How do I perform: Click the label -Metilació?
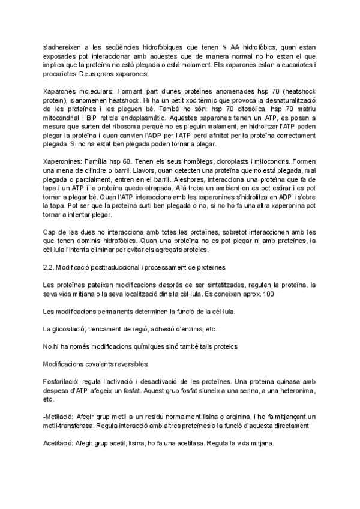click(x=59, y=417)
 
